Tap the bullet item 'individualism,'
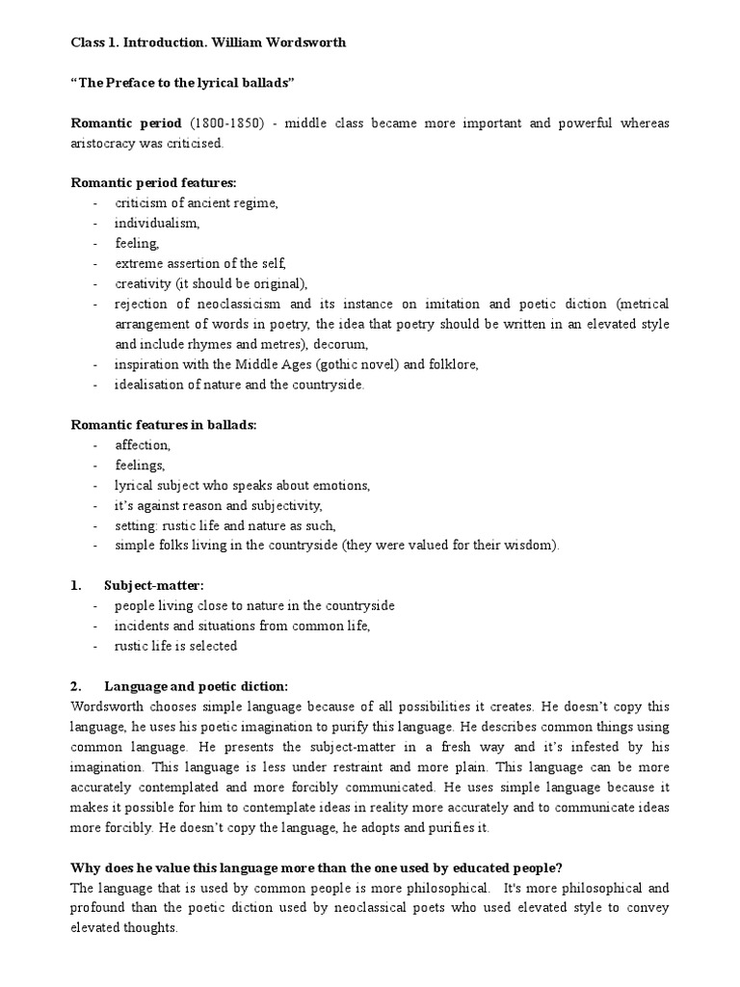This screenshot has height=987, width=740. [157, 223]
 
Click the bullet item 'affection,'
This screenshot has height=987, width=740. [143, 445]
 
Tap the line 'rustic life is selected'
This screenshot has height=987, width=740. [175, 646]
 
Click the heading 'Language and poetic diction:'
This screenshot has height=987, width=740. [196, 686]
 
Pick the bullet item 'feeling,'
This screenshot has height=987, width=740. [138, 243]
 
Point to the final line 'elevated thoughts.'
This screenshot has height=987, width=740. [125, 927]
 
